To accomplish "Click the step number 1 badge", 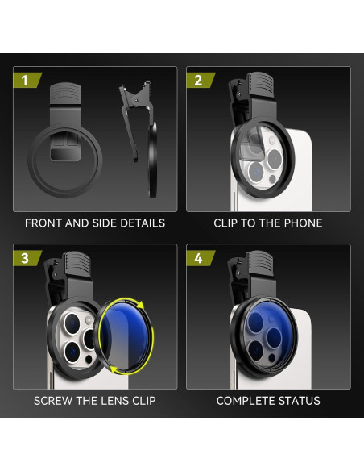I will click(x=24, y=80).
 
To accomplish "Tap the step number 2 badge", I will click(x=198, y=80).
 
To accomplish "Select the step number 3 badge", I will click(x=24, y=258).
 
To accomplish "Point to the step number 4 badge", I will click(x=198, y=258).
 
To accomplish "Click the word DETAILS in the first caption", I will click(x=141, y=223).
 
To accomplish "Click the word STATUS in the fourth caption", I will click(x=300, y=401).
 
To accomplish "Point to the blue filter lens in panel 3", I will click(x=126, y=336).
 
